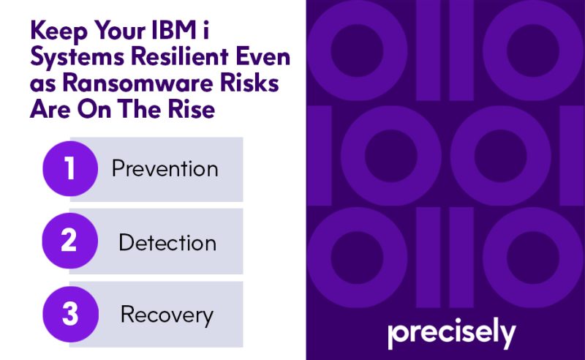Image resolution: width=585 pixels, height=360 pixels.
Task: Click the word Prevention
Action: tap(165, 169)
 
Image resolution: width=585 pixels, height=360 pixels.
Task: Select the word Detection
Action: tap(167, 242)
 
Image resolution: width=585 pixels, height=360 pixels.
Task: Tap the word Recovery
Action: tap(167, 315)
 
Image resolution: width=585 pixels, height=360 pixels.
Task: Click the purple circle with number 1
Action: tap(70, 168)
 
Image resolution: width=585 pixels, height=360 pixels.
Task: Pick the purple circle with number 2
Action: tap(69, 241)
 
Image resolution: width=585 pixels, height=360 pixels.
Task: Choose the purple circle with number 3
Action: tap(70, 314)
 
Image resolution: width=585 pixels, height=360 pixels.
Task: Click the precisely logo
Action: tap(452, 333)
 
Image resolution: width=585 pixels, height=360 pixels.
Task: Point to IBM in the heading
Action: tap(174, 30)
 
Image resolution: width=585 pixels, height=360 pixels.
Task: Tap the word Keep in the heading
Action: tap(59, 31)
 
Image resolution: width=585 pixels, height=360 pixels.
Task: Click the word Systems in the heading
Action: tap(78, 58)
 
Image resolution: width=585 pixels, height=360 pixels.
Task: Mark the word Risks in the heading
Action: tap(249, 83)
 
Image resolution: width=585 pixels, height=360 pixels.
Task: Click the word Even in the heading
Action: tap(263, 56)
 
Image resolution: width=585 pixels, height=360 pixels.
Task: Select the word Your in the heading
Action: tap(120, 30)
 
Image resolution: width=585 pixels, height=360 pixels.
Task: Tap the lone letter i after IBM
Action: tap(205, 30)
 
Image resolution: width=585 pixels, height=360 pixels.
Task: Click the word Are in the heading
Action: tap(50, 109)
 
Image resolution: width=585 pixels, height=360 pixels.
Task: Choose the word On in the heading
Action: tap(94, 109)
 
